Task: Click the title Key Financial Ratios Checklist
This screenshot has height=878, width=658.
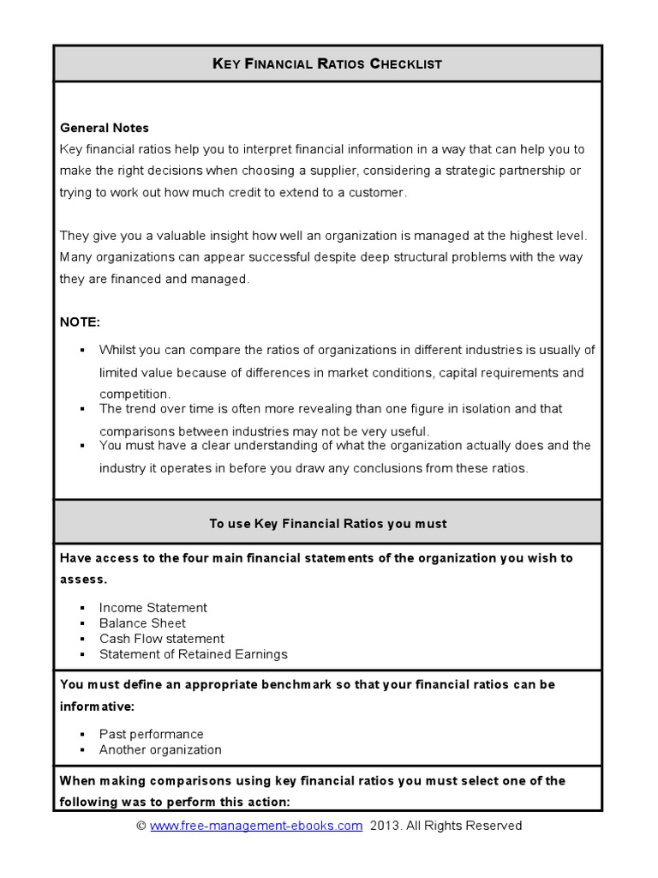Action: (x=328, y=63)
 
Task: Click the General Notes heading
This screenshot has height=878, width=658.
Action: (x=105, y=128)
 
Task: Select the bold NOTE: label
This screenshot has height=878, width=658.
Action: (x=80, y=322)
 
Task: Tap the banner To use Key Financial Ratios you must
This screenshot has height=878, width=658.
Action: (x=328, y=523)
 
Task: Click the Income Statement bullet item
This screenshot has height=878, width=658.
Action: (x=153, y=607)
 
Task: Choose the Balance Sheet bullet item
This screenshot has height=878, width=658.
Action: (x=142, y=622)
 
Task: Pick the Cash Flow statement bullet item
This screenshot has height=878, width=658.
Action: (x=162, y=638)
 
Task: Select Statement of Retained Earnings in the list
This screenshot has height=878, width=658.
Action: (x=194, y=653)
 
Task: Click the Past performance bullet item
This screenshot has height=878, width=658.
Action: (x=152, y=734)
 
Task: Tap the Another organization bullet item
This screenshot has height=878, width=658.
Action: (x=160, y=749)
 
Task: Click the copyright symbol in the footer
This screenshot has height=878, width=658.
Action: (x=141, y=826)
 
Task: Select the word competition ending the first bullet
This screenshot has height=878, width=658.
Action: (x=135, y=394)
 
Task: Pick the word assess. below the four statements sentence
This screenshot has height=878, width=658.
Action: (x=83, y=579)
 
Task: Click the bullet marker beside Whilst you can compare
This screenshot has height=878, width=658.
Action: (x=82, y=350)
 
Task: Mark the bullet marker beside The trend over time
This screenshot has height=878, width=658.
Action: (x=82, y=409)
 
